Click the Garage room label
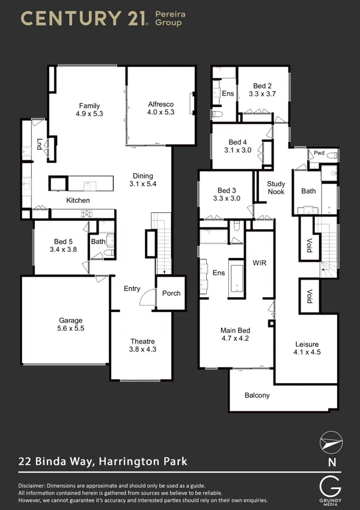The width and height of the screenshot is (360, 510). (71, 325)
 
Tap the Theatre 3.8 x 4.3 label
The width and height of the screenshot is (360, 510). (143, 345)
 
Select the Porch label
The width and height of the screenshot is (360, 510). (171, 293)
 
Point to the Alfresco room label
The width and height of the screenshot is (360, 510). (161, 108)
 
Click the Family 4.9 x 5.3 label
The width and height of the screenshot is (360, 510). (90, 109)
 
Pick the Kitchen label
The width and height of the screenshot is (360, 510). (78, 200)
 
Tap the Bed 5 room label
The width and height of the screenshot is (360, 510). (63, 245)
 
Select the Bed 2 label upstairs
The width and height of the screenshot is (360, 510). (261, 90)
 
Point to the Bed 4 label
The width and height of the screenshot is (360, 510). (237, 147)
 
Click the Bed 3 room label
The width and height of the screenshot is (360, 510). (227, 194)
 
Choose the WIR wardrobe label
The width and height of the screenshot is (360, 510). (259, 263)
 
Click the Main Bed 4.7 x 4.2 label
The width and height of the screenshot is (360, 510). (235, 334)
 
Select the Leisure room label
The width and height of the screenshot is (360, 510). (307, 348)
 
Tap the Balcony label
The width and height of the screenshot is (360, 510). (257, 395)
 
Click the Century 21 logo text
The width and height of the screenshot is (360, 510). (84, 18)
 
